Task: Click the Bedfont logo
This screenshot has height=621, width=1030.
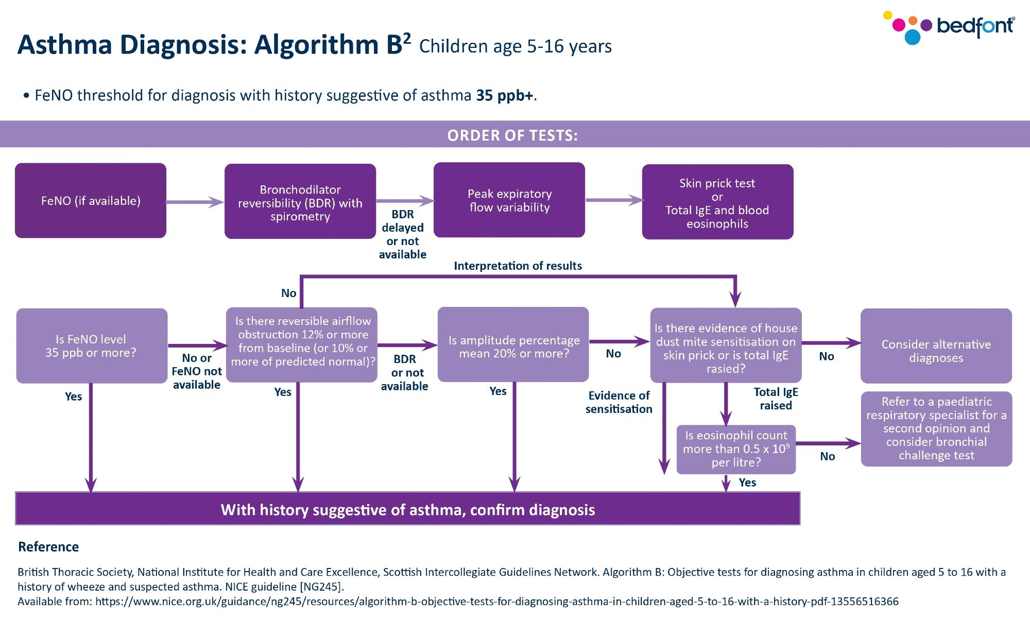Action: pos(950,27)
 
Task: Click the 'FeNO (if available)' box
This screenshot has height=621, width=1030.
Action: pos(91,201)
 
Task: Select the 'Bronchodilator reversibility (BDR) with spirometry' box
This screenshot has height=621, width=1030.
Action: pos(300,202)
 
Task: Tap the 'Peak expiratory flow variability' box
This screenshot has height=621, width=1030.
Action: pos(509,200)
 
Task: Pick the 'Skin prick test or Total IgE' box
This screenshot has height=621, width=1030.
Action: pos(717,202)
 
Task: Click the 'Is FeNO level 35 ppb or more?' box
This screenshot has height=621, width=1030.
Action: pos(92,346)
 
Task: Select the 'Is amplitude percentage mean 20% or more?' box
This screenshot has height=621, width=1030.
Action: pos(513,345)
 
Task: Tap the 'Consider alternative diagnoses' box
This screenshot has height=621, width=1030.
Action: pos(936,346)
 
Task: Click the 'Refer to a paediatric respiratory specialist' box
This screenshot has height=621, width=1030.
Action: pos(936,429)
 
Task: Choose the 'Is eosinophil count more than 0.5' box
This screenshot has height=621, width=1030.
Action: pos(736,449)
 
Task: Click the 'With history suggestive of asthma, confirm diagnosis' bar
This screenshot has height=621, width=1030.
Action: pos(407,509)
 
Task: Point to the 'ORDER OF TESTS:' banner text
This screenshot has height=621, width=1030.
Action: pos(512,135)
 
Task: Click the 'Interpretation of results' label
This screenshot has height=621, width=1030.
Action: pos(518,266)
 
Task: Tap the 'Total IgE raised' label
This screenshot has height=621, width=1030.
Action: pos(776,399)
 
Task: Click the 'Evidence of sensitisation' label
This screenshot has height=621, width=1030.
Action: pos(619,402)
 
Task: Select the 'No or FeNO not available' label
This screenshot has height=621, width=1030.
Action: pos(197,371)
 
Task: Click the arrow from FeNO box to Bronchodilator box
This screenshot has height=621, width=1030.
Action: pos(195,202)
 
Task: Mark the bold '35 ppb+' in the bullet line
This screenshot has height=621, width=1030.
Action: pos(505,96)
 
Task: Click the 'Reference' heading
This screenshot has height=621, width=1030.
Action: pos(48,547)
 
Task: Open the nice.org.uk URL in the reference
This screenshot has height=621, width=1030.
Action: pos(496,601)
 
